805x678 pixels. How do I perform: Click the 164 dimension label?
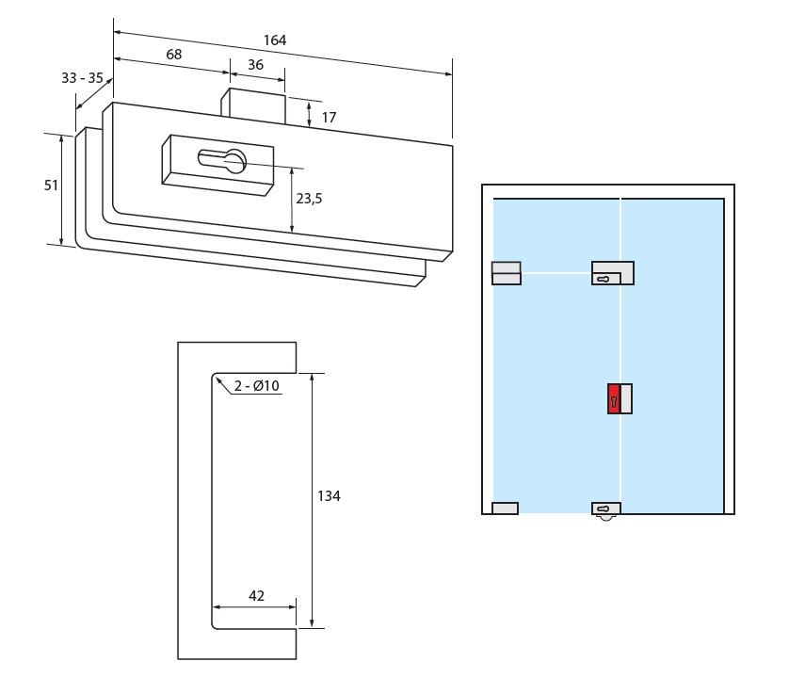pyautogui.click(x=275, y=40)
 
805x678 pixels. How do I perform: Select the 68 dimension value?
pyautogui.click(x=174, y=55)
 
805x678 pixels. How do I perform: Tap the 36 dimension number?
pyautogui.click(x=254, y=64)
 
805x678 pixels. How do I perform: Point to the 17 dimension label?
pyautogui.click(x=329, y=117)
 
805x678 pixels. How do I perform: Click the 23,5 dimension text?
pyautogui.click(x=309, y=199)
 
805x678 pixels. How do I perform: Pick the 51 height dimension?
pyautogui.click(x=52, y=186)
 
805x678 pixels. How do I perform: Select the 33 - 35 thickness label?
pyautogui.click(x=82, y=78)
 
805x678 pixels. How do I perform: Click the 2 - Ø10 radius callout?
pyautogui.click(x=257, y=386)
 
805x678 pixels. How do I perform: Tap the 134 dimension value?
pyautogui.click(x=329, y=496)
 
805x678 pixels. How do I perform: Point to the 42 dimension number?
pyautogui.click(x=256, y=595)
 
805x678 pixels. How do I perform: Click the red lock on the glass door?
pyautogui.click(x=614, y=399)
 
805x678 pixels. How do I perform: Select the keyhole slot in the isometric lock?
pyautogui.click(x=222, y=161)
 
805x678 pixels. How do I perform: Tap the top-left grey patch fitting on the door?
pyautogui.click(x=507, y=273)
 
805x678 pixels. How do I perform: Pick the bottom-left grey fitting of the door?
pyautogui.click(x=505, y=508)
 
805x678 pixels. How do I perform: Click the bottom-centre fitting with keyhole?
pyautogui.click(x=606, y=509)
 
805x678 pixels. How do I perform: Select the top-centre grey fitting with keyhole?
pyautogui.click(x=613, y=273)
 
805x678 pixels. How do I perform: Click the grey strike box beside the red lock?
pyautogui.click(x=626, y=399)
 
